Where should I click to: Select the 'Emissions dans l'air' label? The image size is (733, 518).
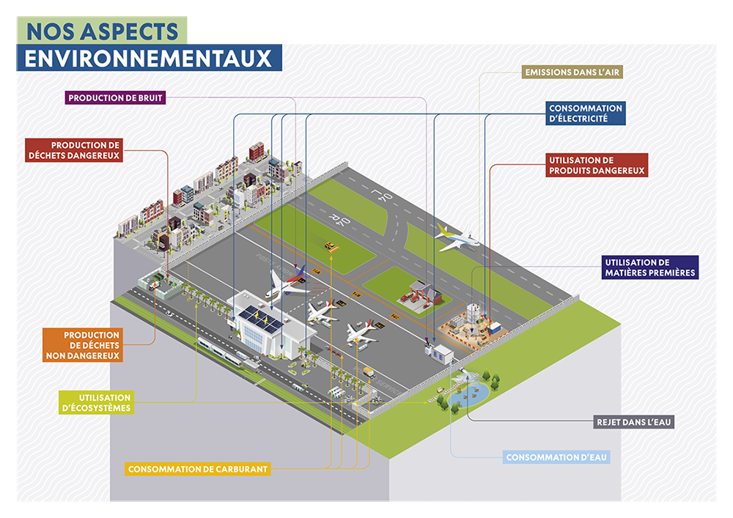(573, 73)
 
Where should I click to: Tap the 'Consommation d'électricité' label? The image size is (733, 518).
(586, 113)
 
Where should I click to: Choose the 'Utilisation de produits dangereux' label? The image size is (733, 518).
(596, 165)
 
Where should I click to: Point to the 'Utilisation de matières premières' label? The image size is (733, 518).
(648, 267)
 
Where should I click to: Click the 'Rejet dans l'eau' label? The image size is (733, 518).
(633, 422)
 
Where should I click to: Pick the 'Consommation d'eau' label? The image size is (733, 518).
(557, 458)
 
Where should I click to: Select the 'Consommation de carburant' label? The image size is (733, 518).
(198, 469)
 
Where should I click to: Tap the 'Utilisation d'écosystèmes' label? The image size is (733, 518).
(96, 402)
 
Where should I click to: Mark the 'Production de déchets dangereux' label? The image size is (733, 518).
(74, 149)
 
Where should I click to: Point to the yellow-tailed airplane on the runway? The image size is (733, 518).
(456, 237)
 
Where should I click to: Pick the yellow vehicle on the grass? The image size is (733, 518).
(331, 247)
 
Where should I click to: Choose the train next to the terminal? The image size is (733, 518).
(224, 352)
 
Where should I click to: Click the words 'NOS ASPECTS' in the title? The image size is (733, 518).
(102, 31)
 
